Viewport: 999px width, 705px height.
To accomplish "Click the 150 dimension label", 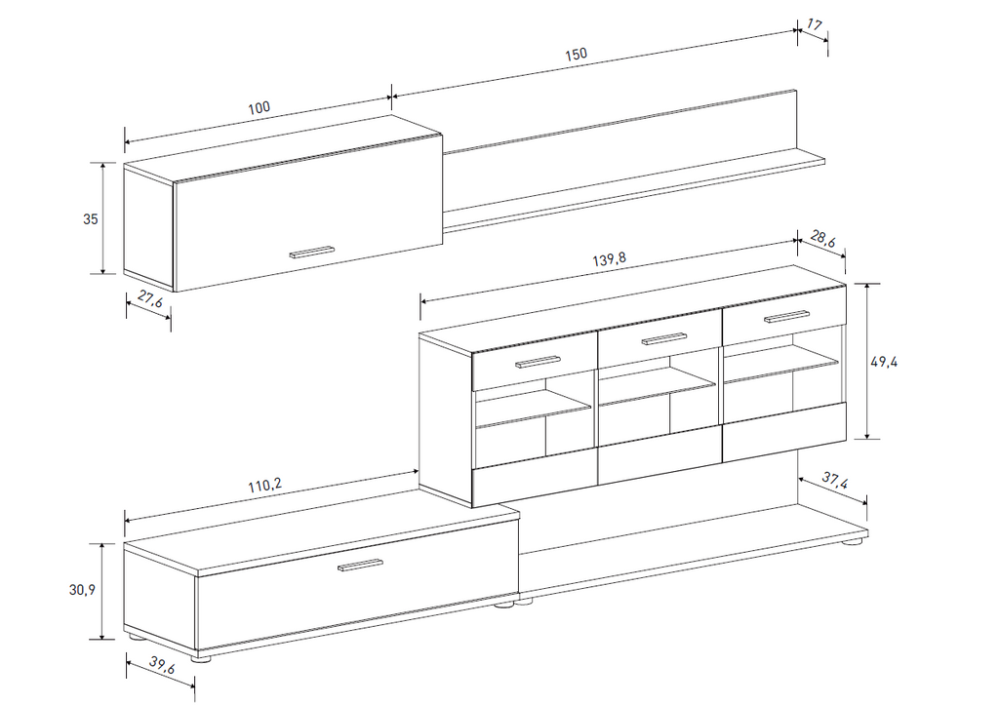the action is click(x=576, y=55).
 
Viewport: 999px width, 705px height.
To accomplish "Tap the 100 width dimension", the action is click(x=259, y=107).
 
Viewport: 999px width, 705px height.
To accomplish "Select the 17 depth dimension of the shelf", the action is click(x=815, y=25).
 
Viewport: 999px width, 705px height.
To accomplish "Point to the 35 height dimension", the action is click(x=91, y=219).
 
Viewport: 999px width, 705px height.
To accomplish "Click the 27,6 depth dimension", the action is click(x=150, y=298).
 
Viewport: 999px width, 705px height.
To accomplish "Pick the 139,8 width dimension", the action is click(x=610, y=259).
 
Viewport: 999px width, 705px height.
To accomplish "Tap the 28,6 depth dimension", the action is click(x=822, y=240).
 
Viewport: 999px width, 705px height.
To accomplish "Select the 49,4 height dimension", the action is click(x=884, y=362).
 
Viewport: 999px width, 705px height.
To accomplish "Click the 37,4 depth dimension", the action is click(x=834, y=481).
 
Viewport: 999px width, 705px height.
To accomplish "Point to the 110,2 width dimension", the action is click(x=264, y=486).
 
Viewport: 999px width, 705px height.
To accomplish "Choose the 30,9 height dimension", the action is click(x=82, y=590).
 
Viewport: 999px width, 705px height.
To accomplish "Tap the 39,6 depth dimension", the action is click(x=162, y=665).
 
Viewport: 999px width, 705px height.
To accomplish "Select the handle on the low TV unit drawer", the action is click(x=360, y=565).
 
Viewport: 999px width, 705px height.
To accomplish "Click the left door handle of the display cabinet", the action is click(x=538, y=361).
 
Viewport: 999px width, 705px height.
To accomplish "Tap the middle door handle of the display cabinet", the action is click(x=663, y=338).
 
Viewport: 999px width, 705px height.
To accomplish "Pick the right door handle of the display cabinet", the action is click(x=787, y=317).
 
